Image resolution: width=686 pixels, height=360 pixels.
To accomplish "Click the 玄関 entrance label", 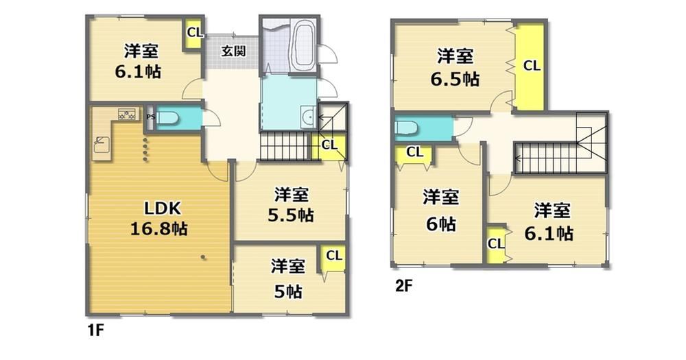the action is (x=233, y=51).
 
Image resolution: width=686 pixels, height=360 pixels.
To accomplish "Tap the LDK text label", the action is (x=163, y=208).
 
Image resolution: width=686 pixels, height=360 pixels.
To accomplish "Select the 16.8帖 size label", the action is (x=159, y=228).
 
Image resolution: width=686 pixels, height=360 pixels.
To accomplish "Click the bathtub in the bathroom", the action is (x=301, y=45).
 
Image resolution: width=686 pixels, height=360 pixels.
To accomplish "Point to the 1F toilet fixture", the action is (x=168, y=118).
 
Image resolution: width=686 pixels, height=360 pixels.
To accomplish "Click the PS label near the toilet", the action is (x=150, y=117).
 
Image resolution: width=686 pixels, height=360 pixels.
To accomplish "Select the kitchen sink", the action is (x=102, y=145).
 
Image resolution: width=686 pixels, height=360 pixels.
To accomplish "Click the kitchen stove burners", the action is (x=126, y=114).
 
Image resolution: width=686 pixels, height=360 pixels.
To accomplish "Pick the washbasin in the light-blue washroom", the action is (x=309, y=117).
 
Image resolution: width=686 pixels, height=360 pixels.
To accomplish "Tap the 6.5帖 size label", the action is (x=455, y=79).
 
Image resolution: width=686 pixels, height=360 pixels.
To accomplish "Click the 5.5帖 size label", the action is (x=290, y=215).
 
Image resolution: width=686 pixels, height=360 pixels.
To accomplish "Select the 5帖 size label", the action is (x=288, y=291).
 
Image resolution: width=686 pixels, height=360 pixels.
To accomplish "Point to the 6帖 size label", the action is (x=441, y=224).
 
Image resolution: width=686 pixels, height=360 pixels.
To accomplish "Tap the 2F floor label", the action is (x=404, y=287).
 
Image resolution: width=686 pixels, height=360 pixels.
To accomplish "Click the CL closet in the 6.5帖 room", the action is (x=531, y=66).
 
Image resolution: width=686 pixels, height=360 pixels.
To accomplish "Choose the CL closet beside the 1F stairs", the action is (x=329, y=145).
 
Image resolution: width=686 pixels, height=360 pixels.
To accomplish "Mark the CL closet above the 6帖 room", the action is (x=414, y=153).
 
